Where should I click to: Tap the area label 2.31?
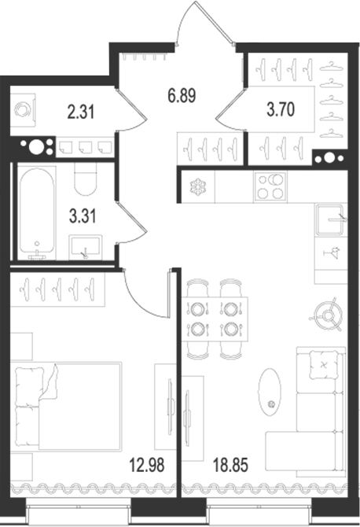tap(81, 112)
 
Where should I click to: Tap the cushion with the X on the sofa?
tap(323, 364)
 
